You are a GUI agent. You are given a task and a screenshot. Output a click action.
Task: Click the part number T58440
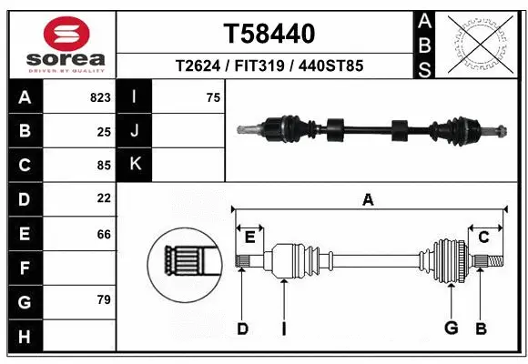coord(269,34)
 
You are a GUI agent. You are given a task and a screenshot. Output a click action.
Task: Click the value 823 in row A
coord(100,97)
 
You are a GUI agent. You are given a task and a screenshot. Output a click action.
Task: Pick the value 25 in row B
coord(104,132)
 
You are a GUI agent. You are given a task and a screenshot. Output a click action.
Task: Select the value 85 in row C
coord(104,166)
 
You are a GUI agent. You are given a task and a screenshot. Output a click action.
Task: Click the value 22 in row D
coord(104,198)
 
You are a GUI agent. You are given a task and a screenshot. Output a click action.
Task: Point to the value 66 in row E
coord(104,234)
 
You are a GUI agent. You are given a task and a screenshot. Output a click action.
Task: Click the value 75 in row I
coord(213,97)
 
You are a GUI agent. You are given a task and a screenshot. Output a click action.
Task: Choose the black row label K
coord(135,165)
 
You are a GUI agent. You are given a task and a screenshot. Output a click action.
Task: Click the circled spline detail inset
coord(186,262)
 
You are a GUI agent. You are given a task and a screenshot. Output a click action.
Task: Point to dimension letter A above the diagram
coord(368,200)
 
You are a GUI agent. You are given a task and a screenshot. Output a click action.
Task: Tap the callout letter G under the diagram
coord(450,329)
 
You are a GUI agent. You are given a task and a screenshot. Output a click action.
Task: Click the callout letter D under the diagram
coord(242,329)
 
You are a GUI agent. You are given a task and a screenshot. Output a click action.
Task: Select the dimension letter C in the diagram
coord(483,238)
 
